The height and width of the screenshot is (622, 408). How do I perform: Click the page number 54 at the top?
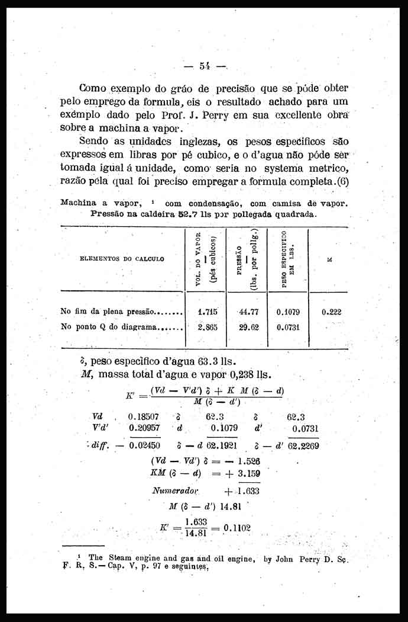pyautogui.click(x=206, y=66)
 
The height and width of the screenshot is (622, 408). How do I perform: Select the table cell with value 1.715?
pyautogui.click(x=208, y=311)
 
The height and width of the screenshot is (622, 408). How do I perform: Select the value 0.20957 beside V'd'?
pyautogui.click(x=143, y=428)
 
